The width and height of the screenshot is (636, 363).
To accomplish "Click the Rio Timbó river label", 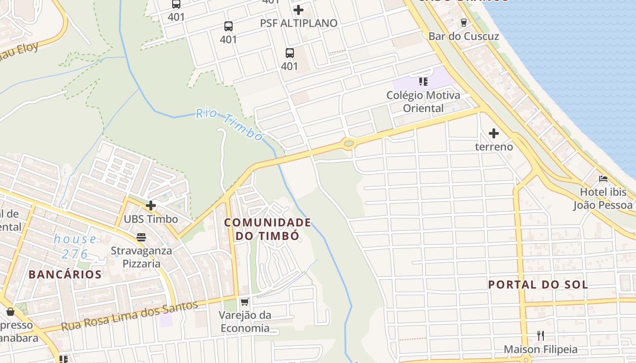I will (x=230, y=124).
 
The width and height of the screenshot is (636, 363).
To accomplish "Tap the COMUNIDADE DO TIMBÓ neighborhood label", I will (x=268, y=229).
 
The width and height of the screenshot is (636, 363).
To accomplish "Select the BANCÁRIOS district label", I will (x=65, y=275).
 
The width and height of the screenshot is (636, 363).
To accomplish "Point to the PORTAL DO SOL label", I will (x=538, y=285).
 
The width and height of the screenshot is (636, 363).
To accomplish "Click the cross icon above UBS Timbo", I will (x=151, y=206).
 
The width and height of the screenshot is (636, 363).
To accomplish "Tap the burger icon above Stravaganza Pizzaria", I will (x=141, y=237).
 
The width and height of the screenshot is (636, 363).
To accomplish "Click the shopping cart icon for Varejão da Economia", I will (x=245, y=302).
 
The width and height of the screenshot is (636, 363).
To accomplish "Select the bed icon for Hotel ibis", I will (x=603, y=179).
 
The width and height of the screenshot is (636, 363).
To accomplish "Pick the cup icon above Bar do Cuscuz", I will (x=463, y=22).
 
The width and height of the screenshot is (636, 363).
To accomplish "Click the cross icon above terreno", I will (x=494, y=133).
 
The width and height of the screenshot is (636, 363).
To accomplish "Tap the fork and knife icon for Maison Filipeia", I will (x=541, y=336).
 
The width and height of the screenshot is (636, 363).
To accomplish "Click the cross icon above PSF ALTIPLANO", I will (x=298, y=10).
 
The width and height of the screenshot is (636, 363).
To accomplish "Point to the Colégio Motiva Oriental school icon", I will (x=423, y=82).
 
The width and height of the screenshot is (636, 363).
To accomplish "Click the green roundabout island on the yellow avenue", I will (x=348, y=144).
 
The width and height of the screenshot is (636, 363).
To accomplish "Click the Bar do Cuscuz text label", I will (x=464, y=36).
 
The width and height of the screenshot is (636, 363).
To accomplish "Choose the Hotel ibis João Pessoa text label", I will (x=603, y=199).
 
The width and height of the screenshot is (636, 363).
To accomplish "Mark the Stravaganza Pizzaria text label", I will (x=141, y=257).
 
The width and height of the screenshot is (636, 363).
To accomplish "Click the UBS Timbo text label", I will (x=151, y=219).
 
